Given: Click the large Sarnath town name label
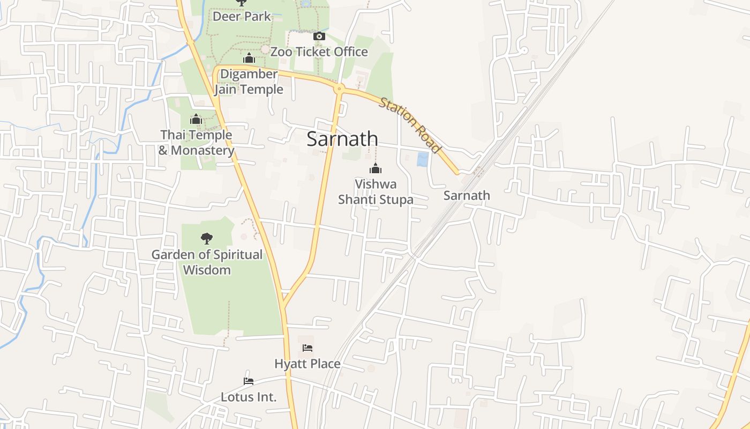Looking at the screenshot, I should (x=342, y=139).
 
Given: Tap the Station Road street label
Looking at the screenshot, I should (x=410, y=125).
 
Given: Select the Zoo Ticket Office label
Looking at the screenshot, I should (x=319, y=52).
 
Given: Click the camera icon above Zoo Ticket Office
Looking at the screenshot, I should (x=319, y=36).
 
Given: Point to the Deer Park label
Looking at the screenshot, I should (x=242, y=16).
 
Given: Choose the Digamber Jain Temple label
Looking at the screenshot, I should (x=249, y=82).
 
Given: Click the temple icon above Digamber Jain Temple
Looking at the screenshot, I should (x=249, y=58).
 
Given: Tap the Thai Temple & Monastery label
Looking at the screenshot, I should (x=196, y=143).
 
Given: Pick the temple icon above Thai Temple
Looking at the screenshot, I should (x=196, y=119).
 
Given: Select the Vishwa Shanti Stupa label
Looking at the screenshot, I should (x=376, y=192).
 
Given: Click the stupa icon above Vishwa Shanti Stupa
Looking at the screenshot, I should (x=376, y=169).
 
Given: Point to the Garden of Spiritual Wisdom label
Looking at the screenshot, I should (x=207, y=262).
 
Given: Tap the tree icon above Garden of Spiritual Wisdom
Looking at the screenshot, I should (x=207, y=239).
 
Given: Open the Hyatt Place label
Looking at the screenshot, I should (x=307, y=364).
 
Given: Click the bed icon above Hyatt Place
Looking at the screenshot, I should (x=307, y=348).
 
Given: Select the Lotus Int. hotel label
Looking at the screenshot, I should (x=249, y=397).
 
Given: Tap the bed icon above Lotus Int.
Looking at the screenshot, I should (x=249, y=381).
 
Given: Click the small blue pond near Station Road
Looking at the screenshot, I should (x=423, y=159).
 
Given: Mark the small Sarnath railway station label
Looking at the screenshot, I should (x=467, y=196).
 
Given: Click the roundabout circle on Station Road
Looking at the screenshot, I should (x=339, y=88).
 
